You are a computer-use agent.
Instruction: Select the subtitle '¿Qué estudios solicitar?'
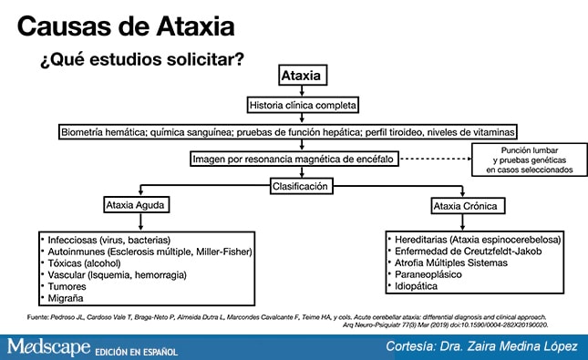click(x=141, y=63)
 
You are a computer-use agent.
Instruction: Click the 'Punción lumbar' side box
click(x=530, y=159)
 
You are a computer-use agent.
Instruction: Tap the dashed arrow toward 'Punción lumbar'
click(x=444, y=159)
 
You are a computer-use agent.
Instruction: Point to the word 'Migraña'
click(x=67, y=298)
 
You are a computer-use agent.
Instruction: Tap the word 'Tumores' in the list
click(x=67, y=286)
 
